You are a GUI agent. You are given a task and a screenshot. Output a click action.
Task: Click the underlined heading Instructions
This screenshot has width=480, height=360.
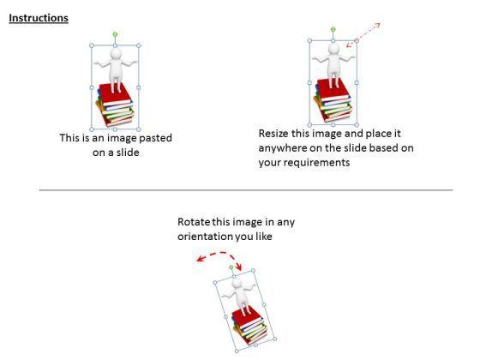39,18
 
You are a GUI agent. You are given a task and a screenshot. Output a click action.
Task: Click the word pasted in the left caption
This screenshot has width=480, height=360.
155,138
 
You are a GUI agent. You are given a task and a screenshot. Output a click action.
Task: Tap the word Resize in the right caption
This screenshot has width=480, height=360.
273,134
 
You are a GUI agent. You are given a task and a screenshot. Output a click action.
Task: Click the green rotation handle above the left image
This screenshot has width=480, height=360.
115,34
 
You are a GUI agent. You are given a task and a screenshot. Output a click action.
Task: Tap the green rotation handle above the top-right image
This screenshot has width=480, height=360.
333,29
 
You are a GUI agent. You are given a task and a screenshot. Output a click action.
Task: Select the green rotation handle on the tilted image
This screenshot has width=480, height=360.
231,267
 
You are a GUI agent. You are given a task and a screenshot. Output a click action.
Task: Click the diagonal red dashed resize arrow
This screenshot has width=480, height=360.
363,34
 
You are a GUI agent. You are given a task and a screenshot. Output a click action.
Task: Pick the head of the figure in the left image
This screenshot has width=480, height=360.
116,54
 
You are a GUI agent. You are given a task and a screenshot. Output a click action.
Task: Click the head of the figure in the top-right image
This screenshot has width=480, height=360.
333,49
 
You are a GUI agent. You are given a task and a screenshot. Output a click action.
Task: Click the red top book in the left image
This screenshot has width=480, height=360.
116,93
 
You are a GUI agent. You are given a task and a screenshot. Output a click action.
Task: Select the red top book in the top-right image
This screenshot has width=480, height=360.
333,89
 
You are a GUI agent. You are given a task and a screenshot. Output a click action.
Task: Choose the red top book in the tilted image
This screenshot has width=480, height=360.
247,318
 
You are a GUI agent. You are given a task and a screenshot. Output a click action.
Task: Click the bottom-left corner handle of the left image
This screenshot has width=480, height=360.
92,129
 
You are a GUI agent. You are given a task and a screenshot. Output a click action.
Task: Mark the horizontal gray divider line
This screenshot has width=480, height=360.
246,190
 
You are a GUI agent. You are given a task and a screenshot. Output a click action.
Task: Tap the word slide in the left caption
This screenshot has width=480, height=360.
127,153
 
